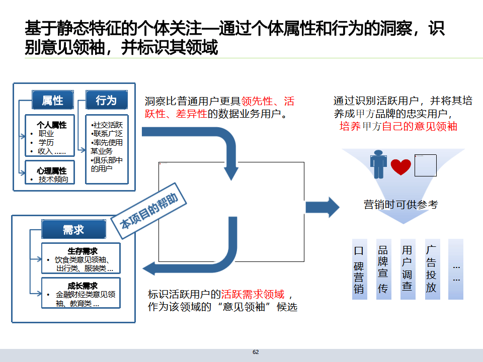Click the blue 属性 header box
(x=52, y=101)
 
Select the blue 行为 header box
(x=106, y=101)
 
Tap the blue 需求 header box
(x=73, y=230)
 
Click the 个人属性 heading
(x=51, y=125)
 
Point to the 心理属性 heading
(x=51, y=171)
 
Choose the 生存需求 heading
(x=82, y=251)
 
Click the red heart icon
(x=401, y=166)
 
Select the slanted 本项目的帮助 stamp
(x=149, y=213)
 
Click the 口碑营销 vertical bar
(x=359, y=269)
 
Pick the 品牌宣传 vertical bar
(x=383, y=269)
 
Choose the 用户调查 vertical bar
(x=408, y=269)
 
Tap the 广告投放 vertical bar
(x=432, y=269)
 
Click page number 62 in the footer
(x=256, y=352)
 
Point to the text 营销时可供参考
(x=401, y=204)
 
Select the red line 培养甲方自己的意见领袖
(x=398, y=126)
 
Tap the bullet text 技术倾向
(x=53, y=179)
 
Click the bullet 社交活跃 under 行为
(x=108, y=125)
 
